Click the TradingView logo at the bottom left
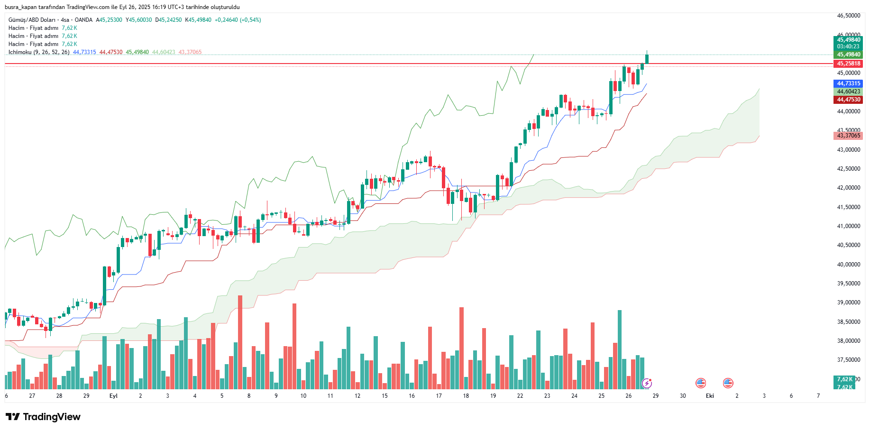43,417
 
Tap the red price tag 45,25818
848,64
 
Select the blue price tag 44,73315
848,83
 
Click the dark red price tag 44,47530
848,100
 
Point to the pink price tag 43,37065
848,136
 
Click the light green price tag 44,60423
848,92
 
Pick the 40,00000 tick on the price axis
848,265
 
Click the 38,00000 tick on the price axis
848,341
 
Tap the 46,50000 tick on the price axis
848,16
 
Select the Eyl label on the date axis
113,396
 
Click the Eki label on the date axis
710,396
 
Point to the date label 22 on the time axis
520,396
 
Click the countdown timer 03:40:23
848,46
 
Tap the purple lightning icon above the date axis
647,383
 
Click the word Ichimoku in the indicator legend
20,52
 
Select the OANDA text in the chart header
83,20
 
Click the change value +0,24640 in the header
226,20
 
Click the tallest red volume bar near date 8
240,341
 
